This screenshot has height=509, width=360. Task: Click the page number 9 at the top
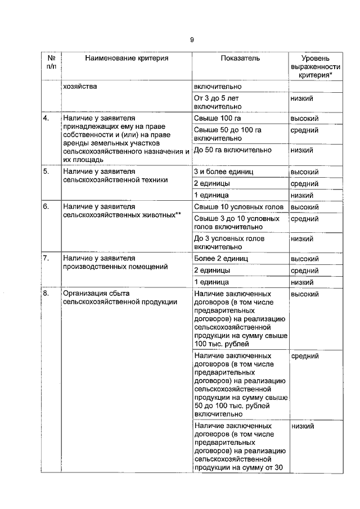tap(191, 39)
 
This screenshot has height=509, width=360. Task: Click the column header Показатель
tap(240, 58)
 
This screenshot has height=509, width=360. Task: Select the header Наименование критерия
tap(127, 58)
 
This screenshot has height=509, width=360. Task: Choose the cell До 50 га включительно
tap(232, 150)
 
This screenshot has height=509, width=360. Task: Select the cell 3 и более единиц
tap(224, 172)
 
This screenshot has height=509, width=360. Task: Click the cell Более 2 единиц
tap(220, 259)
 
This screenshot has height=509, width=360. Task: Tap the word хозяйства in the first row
tap(80, 87)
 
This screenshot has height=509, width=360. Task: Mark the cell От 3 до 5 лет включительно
tap(217, 102)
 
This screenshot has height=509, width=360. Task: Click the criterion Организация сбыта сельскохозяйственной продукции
tap(120, 298)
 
